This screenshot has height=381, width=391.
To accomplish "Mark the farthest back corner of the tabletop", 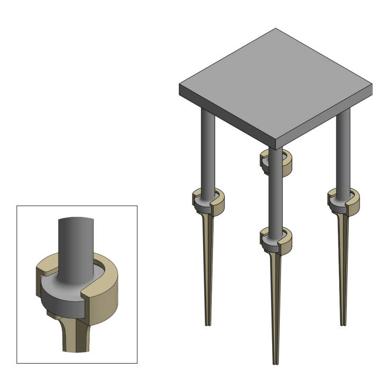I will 275,28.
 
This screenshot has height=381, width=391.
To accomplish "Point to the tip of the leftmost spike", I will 208,324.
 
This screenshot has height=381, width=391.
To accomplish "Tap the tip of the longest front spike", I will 276,364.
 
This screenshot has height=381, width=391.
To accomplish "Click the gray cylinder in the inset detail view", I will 77,248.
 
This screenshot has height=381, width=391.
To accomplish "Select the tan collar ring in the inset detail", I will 106,296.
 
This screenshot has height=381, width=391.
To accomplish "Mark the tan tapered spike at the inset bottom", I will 77,338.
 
